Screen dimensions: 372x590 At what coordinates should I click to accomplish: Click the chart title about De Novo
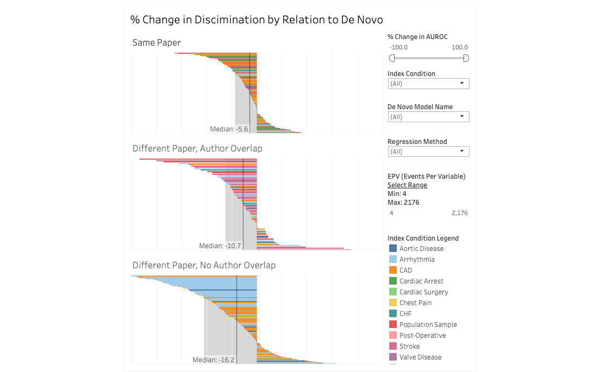[257, 20]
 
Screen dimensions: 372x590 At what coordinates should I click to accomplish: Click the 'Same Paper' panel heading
[156, 42]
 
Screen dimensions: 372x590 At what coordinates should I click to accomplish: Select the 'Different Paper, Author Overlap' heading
[197, 148]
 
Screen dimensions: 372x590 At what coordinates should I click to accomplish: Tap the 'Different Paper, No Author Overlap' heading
[204, 265]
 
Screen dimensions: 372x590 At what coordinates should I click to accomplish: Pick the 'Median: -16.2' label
[213, 360]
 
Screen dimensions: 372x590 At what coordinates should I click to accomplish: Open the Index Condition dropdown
[428, 84]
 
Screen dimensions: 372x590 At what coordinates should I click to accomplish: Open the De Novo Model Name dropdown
[428, 117]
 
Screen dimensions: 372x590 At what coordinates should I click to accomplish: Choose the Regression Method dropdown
[428, 152]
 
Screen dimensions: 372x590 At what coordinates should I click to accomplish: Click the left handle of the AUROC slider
[392, 58]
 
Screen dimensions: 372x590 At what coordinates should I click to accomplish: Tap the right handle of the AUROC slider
[466, 58]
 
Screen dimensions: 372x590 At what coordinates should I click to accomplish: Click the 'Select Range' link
[407, 185]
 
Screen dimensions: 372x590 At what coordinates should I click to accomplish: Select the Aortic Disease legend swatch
[393, 249]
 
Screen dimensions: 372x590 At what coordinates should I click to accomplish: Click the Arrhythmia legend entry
[416, 260]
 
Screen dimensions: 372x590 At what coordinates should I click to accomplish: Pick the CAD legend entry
[405, 270]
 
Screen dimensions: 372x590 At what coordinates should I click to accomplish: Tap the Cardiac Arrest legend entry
[421, 281]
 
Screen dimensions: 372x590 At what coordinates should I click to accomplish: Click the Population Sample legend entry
[428, 325]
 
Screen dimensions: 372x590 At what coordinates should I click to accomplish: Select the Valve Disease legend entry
[420, 357]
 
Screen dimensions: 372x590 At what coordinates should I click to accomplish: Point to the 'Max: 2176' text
[403, 203]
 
